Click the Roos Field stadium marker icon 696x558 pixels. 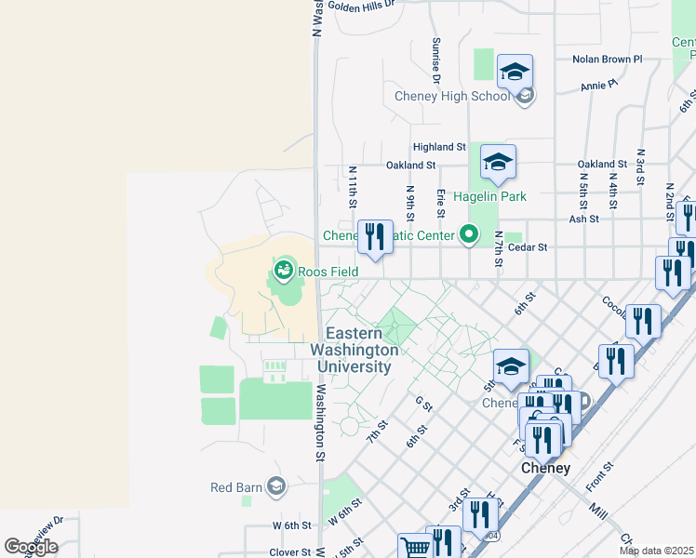tap(284, 272)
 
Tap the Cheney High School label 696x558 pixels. tap(452, 96)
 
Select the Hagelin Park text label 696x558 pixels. tap(489, 196)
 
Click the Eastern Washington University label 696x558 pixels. tap(363, 350)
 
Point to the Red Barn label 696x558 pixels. tap(234, 486)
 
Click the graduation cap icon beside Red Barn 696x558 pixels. tap(275, 485)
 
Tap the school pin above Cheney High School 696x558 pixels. tap(515, 72)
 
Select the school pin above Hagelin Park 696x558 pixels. tap(498, 163)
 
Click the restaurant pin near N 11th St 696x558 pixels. tap(375, 237)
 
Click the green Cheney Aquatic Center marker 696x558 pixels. tap(471, 235)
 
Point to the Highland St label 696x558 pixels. tap(439, 147)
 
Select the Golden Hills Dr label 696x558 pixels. tap(362, 5)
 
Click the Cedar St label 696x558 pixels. tap(526, 247)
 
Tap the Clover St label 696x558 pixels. tap(290, 551)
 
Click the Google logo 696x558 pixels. tap(31, 547)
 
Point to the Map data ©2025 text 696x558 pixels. tap(656, 551)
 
